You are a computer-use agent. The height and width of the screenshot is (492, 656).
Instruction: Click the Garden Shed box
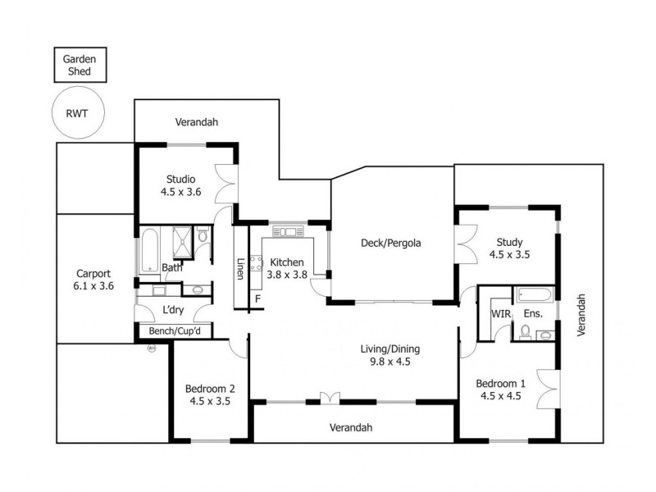pos(80,65)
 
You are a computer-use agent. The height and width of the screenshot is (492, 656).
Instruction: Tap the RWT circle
pos(80,115)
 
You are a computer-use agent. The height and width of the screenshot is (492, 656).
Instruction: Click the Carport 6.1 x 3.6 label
pos(94,280)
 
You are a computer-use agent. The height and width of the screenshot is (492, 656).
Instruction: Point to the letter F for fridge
pos(257,298)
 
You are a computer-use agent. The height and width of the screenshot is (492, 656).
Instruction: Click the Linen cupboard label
pos(240,267)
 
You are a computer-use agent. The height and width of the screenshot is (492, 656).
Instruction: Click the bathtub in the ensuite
pos(534,294)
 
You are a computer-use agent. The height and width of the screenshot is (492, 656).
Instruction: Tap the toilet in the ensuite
pos(525,330)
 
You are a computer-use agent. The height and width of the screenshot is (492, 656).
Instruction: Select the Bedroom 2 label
pos(210,395)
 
